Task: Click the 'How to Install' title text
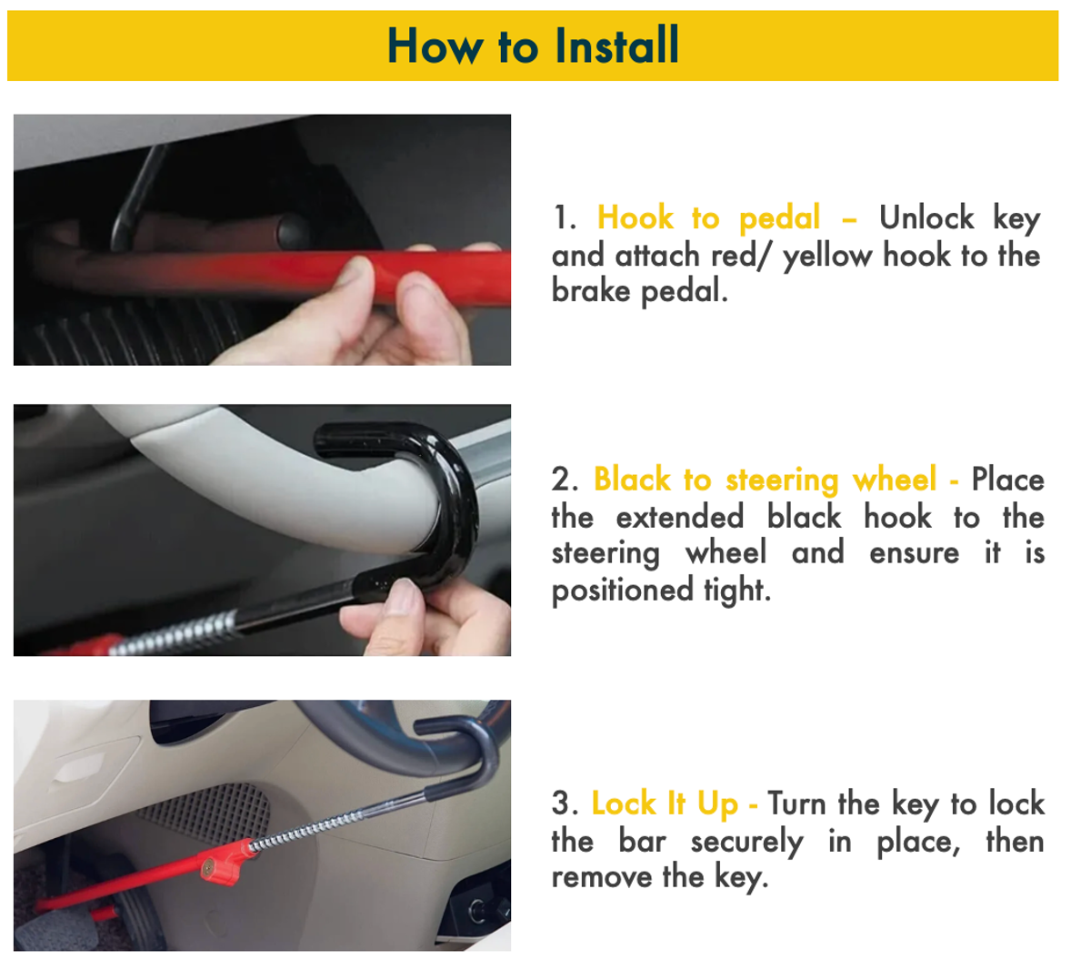click(x=533, y=45)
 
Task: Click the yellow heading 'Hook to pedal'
click(x=708, y=218)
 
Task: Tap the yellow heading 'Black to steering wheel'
click(x=765, y=480)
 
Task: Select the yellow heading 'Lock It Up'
click(x=665, y=803)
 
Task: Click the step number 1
click(x=564, y=218)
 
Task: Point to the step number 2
click(x=564, y=480)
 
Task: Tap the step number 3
click(x=564, y=803)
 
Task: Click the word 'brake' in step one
click(x=590, y=291)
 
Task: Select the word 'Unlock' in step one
click(x=926, y=218)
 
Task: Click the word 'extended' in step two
click(x=679, y=517)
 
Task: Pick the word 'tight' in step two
click(x=736, y=591)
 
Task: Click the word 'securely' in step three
click(x=746, y=842)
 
